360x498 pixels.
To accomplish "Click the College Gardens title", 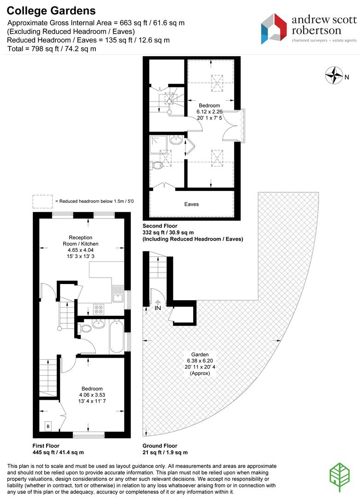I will (x=51, y=11).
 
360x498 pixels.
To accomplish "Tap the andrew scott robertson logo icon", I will (x=274, y=29).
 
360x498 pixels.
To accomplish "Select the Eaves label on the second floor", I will (x=191, y=204).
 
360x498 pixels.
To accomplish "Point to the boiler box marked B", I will (x=48, y=427).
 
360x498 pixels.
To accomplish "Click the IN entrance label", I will (x=158, y=307).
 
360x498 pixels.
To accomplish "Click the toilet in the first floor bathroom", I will (x=86, y=329).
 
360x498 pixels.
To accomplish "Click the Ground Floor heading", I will (x=160, y=446).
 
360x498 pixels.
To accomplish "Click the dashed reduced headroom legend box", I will (x=42, y=202).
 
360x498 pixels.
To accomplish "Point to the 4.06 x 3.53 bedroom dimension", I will (x=92, y=395).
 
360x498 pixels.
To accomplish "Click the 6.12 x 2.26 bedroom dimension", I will (x=210, y=112).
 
